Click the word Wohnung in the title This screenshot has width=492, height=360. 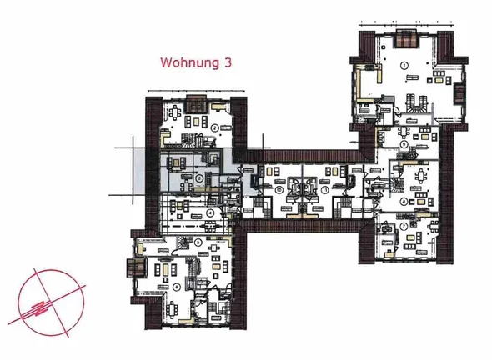click(188, 62)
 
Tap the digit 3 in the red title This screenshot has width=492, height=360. click(228, 62)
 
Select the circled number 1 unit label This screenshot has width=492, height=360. click(404, 65)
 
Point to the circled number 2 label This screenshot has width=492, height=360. click(214, 127)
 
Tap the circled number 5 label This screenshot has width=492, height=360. click(198, 242)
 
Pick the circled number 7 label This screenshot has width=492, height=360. click(404, 225)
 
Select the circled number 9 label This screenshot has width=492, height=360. click(404, 143)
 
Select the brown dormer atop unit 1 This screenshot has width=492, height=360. click(405, 38)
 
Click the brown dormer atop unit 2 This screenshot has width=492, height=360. click(197, 103)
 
